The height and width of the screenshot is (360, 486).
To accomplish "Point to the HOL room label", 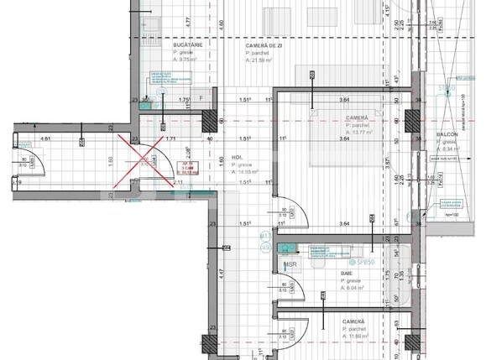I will (x=238, y=157).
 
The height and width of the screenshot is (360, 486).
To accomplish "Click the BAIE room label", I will (x=346, y=273).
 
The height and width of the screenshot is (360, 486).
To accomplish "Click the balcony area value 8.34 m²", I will (x=453, y=150).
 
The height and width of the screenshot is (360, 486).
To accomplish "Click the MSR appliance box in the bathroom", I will (x=290, y=265).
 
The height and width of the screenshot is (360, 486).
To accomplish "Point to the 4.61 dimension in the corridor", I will (x=46, y=138).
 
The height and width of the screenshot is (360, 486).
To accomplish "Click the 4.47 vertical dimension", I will (x=220, y=272).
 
